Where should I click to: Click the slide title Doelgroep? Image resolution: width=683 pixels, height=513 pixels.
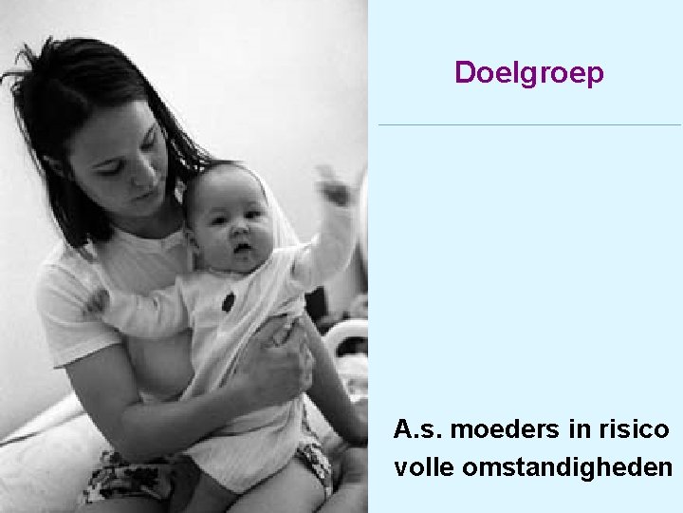point(528,73)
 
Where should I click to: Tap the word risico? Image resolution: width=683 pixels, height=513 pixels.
point(633,430)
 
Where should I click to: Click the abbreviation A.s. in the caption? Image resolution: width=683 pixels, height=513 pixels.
point(418,430)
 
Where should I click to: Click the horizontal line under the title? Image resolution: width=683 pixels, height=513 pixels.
point(528,124)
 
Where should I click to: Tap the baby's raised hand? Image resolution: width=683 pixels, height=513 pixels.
point(335,185)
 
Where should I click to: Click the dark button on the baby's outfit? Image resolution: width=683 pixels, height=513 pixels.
point(229,302)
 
